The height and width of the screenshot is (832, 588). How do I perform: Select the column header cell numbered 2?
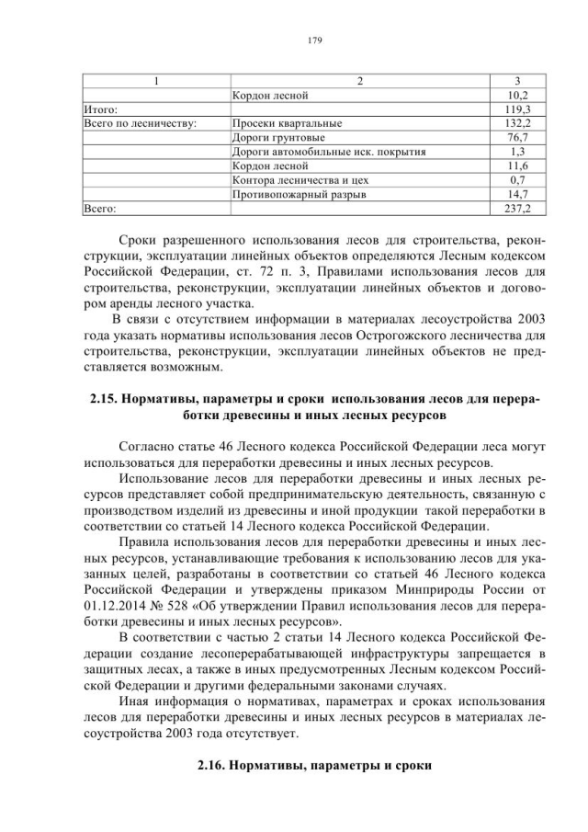360,80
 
